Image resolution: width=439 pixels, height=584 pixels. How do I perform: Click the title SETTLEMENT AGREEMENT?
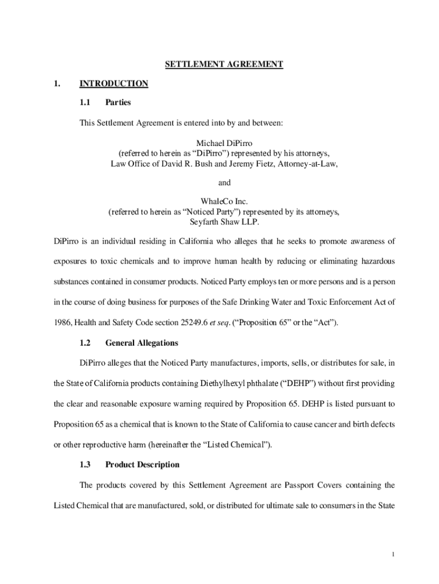pyautogui.click(x=224, y=64)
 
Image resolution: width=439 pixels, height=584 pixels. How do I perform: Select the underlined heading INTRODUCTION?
pyautogui.click(x=113, y=84)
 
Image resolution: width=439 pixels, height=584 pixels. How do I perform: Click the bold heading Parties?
pyautogui.click(x=118, y=103)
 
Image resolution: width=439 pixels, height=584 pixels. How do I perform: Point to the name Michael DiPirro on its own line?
pyautogui.click(x=224, y=143)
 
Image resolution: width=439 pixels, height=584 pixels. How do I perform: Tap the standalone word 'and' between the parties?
pyautogui.click(x=225, y=182)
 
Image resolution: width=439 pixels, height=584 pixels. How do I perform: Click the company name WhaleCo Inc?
pyautogui.click(x=224, y=201)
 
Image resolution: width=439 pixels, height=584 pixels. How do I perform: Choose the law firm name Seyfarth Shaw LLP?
pyautogui.click(x=224, y=222)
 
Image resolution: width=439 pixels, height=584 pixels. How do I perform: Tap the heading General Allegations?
pyautogui.click(x=141, y=343)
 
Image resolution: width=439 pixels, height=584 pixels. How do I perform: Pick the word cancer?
pyautogui.click(x=328, y=424)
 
